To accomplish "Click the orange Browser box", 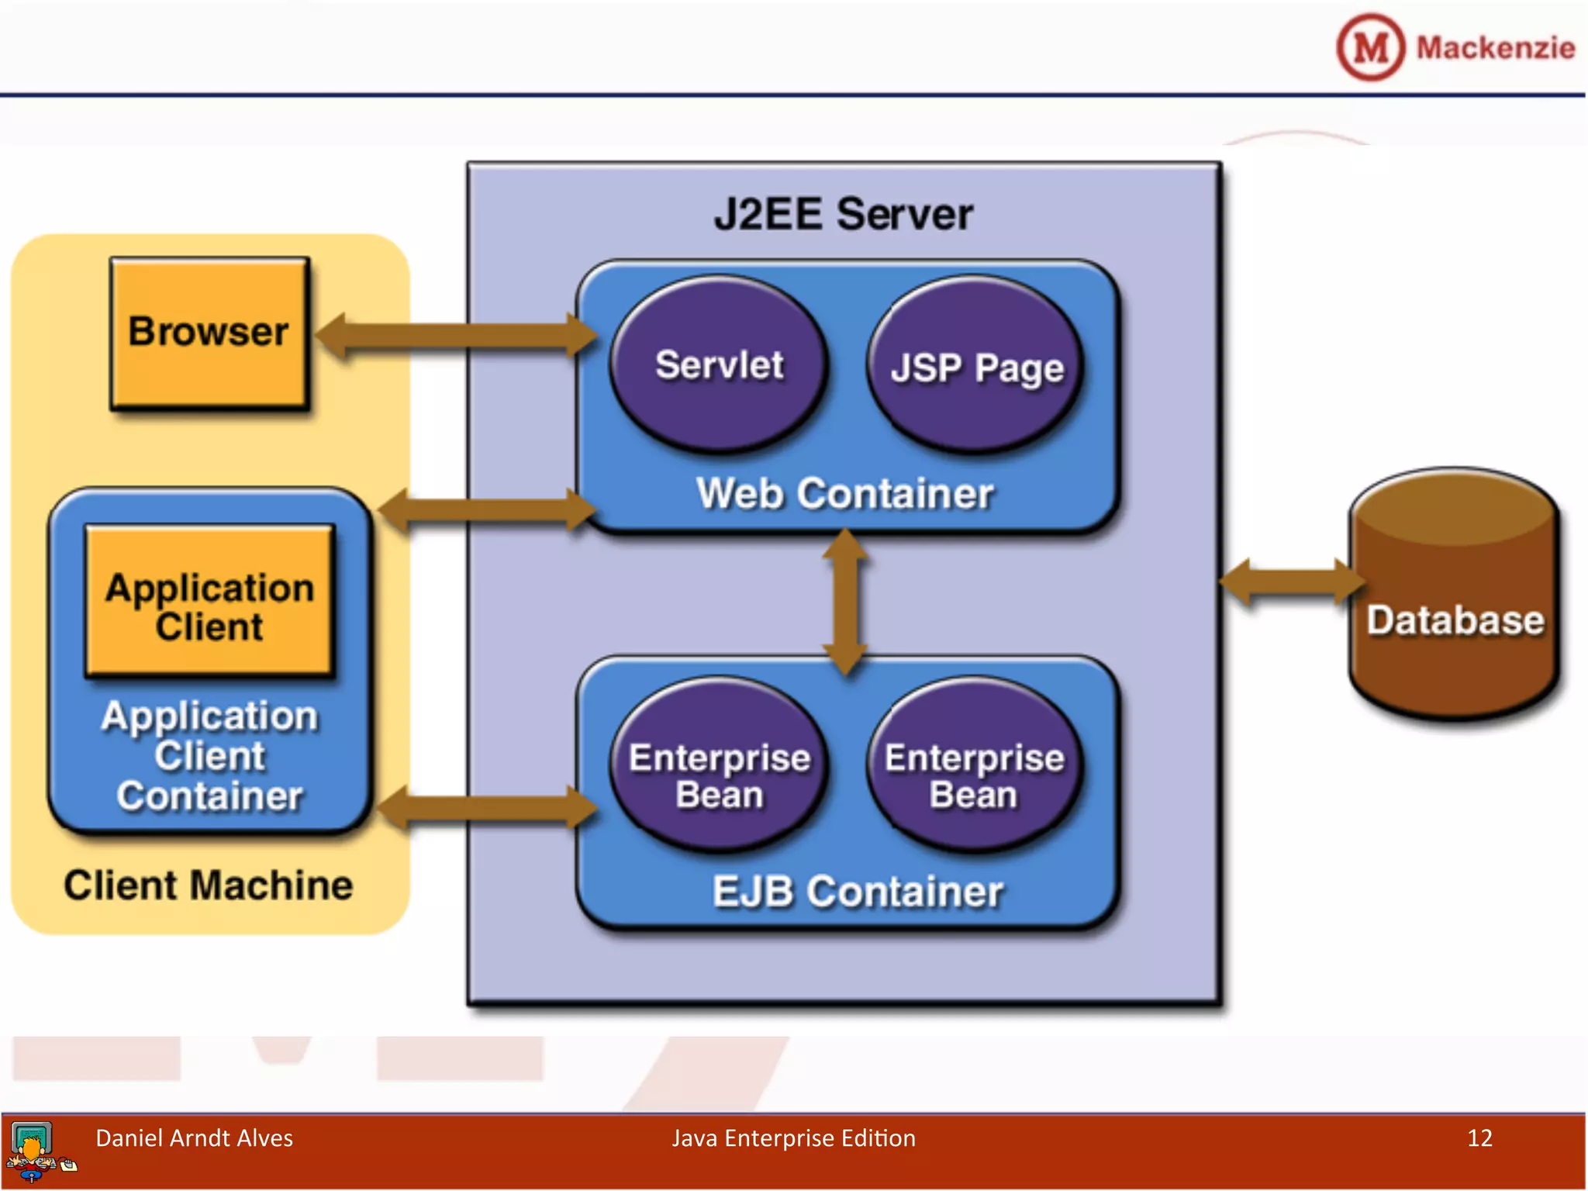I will [x=209, y=333].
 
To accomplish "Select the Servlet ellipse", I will [x=719, y=364].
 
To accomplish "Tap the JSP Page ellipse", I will [x=975, y=366].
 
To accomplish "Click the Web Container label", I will [x=844, y=493].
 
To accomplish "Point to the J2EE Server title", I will [x=843, y=214].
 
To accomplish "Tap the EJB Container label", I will [x=857, y=892].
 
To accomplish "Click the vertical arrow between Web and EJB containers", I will [x=845, y=602].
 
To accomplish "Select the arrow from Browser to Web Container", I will [x=457, y=337].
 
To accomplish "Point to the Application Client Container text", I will [x=209, y=756].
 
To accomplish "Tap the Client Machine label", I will [x=208, y=885].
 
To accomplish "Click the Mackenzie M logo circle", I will [x=1370, y=48].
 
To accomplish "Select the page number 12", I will [x=1479, y=1138].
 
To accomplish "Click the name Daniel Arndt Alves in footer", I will [x=194, y=1138].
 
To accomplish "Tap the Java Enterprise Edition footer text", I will [x=793, y=1138].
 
